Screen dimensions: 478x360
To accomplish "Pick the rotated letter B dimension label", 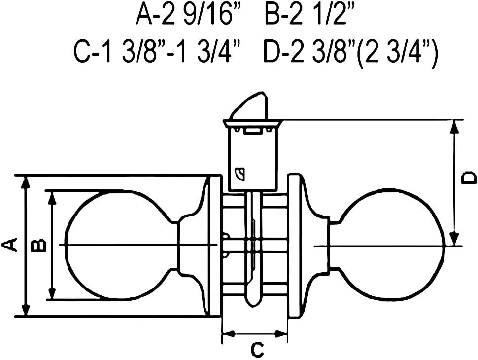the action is [x=39, y=245].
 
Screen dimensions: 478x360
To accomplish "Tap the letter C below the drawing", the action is [x=257, y=350].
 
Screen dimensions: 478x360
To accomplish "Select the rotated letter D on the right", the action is [x=469, y=178].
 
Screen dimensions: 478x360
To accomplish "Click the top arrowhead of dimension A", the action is [x=26, y=182].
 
